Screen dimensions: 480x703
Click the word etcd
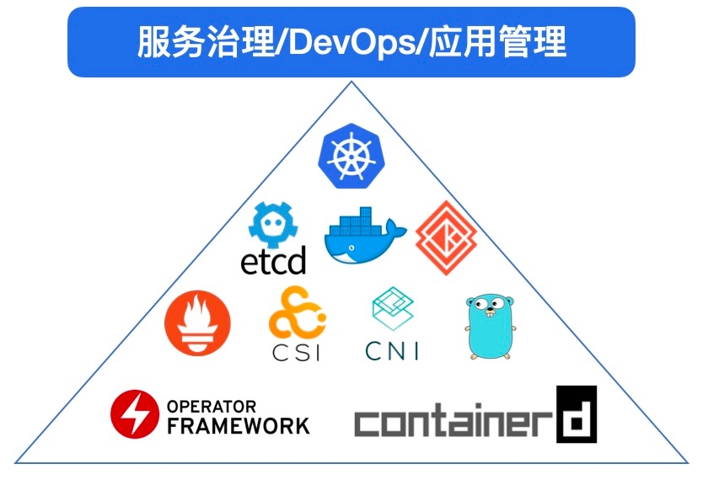point(273,261)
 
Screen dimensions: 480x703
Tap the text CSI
point(296,351)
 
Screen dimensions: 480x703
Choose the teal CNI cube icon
point(393,312)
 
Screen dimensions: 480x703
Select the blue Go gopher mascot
point(490,326)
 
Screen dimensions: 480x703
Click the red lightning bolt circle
point(135,414)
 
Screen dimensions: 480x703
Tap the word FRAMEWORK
point(238,426)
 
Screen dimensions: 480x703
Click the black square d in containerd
point(576,414)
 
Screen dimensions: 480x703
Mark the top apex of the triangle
point(351,82)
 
